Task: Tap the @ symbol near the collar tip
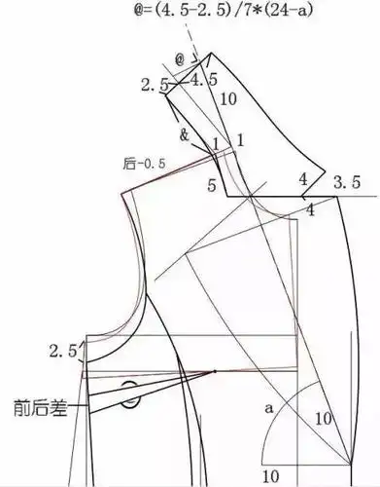[x=180, y=59]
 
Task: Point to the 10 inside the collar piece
[x=229, y=99]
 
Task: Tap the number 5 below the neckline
[x=213, y=183]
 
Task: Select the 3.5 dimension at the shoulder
[x=346, y=182]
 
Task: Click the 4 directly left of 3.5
[x=303, y=180]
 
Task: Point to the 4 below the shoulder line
[x=310, y=210]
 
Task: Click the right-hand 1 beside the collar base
[x=238, y=140]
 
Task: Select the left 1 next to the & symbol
[x=216, y=144]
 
